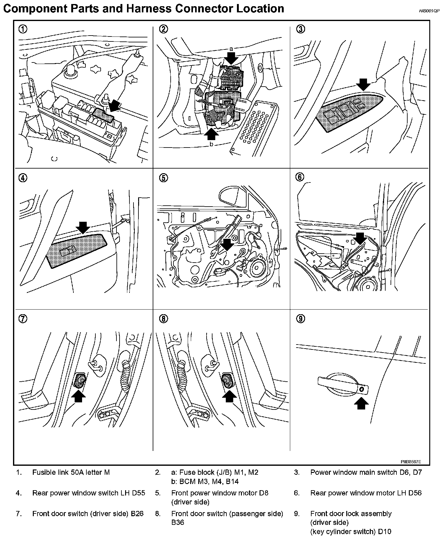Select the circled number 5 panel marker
tap(164, 178)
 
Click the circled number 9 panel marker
tap(301, 319)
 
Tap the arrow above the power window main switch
tap(363, 84)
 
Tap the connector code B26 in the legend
tap(137, 513)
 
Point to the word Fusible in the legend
tap(43, 472)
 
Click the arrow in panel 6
tap(360, 238)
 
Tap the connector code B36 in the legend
tap(177, 522)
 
